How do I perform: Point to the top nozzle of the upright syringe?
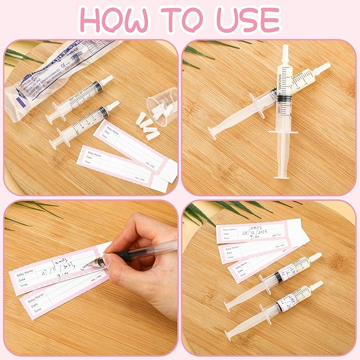click(285, 52)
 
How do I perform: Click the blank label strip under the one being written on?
click(58, 300)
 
